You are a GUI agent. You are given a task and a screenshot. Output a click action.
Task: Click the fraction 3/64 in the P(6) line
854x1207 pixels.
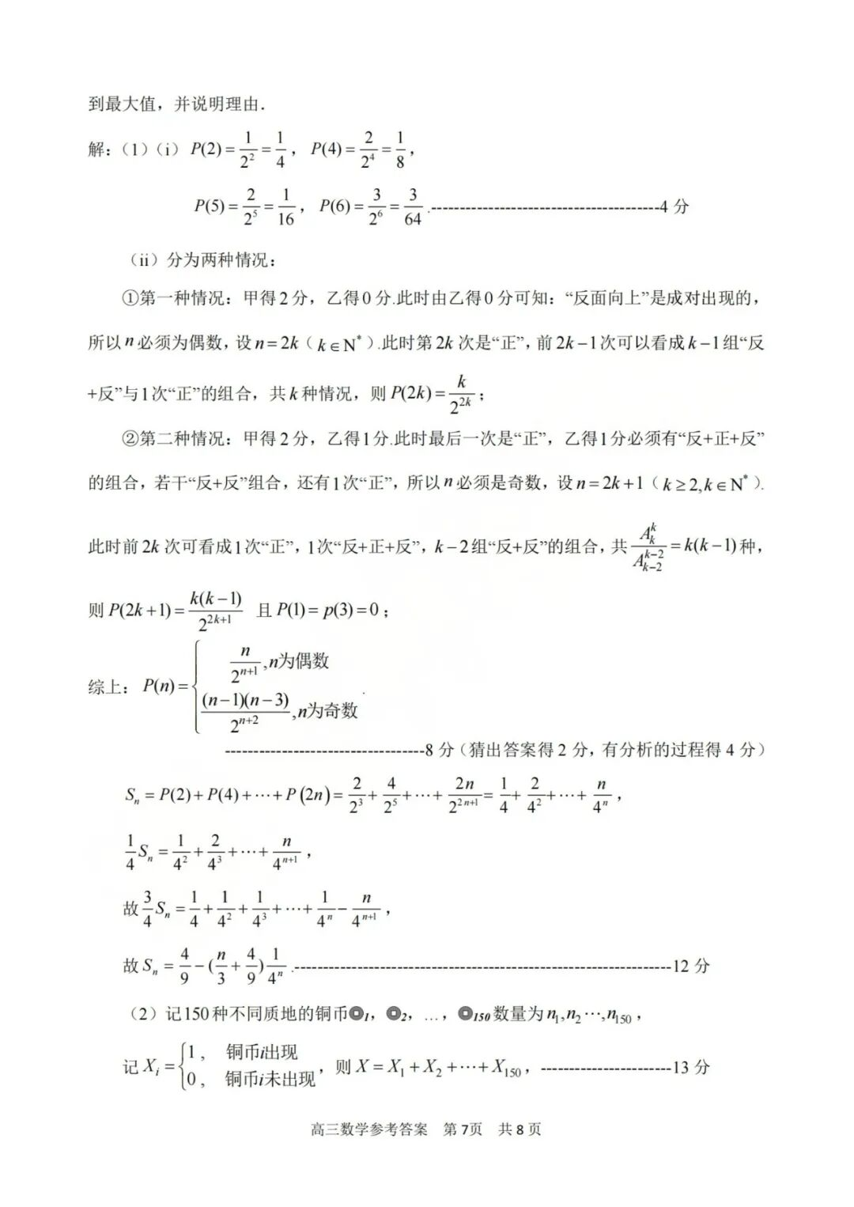(x=412, y=207)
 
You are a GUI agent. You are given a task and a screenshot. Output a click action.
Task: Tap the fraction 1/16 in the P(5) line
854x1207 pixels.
(x=285, y=207)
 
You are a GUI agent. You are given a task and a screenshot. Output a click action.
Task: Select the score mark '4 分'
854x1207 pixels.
(x=674, y=207)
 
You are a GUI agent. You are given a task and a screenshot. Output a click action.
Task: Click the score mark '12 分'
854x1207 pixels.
(x=690, y=966)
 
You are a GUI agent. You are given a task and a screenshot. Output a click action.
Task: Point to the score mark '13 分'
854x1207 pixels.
(x=690, y=1067)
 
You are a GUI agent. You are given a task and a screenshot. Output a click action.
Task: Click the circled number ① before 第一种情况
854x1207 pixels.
(x=130, y=298)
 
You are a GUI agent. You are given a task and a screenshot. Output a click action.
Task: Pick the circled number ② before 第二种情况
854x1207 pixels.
(x=130, y=439)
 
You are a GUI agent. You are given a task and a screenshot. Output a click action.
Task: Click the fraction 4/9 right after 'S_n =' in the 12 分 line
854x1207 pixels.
(x=184, y=966)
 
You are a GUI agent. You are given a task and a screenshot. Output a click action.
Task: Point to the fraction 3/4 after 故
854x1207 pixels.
(x=147, y=910)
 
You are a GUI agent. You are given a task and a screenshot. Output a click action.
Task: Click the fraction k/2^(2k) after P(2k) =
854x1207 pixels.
(x=460, y=394)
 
